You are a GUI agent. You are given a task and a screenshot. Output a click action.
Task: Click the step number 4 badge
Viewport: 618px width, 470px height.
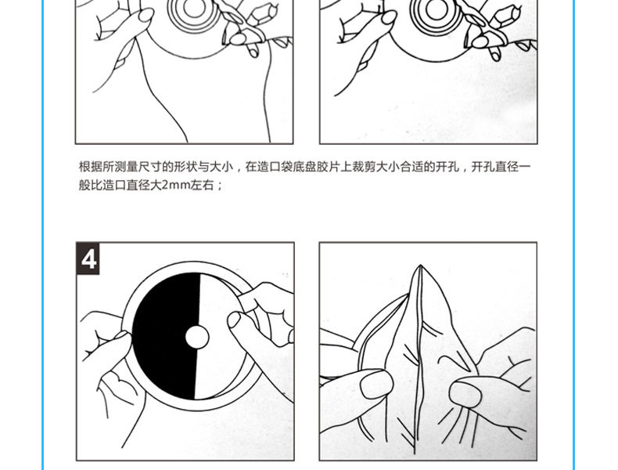pyautogui.click(x=88, y=258)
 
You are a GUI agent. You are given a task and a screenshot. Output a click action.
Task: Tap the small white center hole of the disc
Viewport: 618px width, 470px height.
pyautogui.click(x=197, y=337)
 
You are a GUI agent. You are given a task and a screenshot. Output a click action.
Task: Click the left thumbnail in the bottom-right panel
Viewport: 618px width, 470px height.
pyautogui.click(x=376, y=384)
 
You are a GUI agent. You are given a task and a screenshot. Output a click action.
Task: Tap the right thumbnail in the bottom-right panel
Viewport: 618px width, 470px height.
pyautogui.click(x=465, y=392)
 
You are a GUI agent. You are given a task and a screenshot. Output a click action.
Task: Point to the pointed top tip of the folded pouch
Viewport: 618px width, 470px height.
pyautogui.click(x=421, y=266)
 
